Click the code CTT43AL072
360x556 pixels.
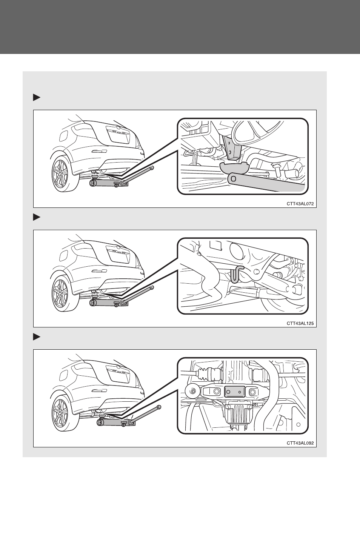[x=300, y=204]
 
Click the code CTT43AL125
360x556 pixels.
[x=300, y=323]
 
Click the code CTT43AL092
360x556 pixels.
[x=300, y=443]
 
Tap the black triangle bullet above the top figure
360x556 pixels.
[x=37, y=98]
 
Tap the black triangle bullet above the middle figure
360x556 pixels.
[x=37, y=217]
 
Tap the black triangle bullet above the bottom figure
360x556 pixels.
[x=37, y=337]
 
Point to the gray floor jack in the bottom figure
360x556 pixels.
[x=117, y=422]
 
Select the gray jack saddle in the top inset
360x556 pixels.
[x=234, y=167]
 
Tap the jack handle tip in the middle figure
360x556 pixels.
[x=152, y=287]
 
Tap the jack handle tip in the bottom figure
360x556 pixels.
[x=159, y=407]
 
